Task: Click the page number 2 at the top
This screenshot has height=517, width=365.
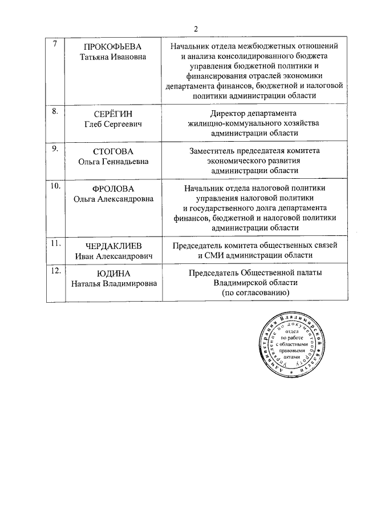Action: pos(196,29)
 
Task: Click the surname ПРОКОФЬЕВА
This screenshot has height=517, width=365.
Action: pos(112,46)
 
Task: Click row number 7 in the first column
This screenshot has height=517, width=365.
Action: pos(54,45)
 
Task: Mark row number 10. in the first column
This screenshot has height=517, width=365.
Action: pos(56,186)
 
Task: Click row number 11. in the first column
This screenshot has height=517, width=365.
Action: pos(56,243)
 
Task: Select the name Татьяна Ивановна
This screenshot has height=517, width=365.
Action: pos(112,57)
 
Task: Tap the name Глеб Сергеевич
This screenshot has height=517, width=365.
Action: pos(112,123)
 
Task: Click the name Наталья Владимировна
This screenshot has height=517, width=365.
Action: pos(113,283)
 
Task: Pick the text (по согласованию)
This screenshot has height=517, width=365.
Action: pos(255,292)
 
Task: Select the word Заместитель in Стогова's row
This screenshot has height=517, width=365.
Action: pos(216,151)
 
